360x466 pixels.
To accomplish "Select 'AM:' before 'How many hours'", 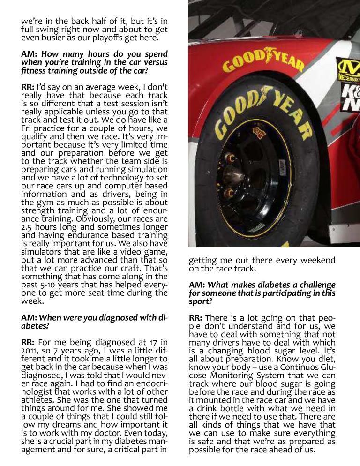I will [x=30, y=54].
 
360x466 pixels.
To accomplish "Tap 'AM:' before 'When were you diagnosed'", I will [x=30, y=317].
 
